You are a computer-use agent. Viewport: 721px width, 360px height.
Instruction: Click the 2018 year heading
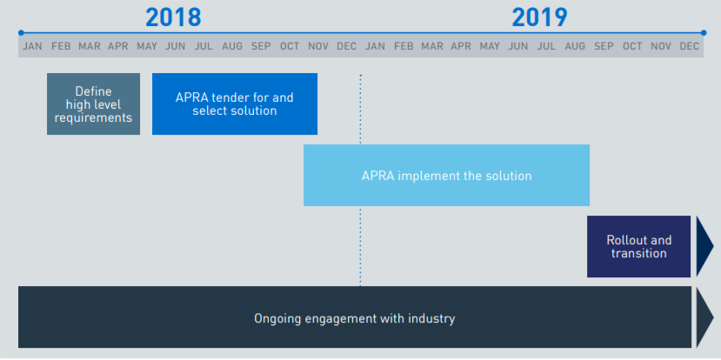(x=173, y=18)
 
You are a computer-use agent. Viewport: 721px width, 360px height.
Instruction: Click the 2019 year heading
(x=540, y=18)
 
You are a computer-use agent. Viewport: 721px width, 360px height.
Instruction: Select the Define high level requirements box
(x=93, y=103)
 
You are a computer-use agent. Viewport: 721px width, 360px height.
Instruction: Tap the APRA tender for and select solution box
(x=235, y=103)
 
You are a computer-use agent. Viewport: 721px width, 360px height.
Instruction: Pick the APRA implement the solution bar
(x=446, y=175)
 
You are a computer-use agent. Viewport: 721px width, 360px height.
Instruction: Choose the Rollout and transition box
(x=638, y=246)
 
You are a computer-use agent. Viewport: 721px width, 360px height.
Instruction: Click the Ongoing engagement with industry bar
(x=355, y=317)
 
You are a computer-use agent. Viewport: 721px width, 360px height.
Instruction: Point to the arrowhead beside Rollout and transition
(x=704, y=246)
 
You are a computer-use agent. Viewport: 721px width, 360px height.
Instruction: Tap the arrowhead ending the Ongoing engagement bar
(x=704, y=317)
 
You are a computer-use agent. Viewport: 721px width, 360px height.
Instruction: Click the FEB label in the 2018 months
(x=61, y=46)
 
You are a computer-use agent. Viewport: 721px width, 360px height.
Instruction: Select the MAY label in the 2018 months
(x=147, y=46)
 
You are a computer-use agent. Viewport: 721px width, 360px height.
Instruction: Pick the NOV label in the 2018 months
(x=318, y=46)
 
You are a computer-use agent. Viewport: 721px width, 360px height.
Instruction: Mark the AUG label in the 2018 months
(x=232, y=46)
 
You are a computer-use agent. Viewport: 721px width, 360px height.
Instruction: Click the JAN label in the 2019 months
(x=375, y=46)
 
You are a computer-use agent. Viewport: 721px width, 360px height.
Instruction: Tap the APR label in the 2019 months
(x=461, y=46)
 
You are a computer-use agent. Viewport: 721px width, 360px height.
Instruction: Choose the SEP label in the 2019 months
(x=604, y=46)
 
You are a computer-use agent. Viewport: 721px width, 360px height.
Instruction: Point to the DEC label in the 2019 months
(x=690, y=46)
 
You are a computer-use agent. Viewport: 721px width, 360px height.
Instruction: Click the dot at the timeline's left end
(x=21, y=33)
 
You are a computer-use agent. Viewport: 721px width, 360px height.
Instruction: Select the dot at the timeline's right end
(x=704, y=33)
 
